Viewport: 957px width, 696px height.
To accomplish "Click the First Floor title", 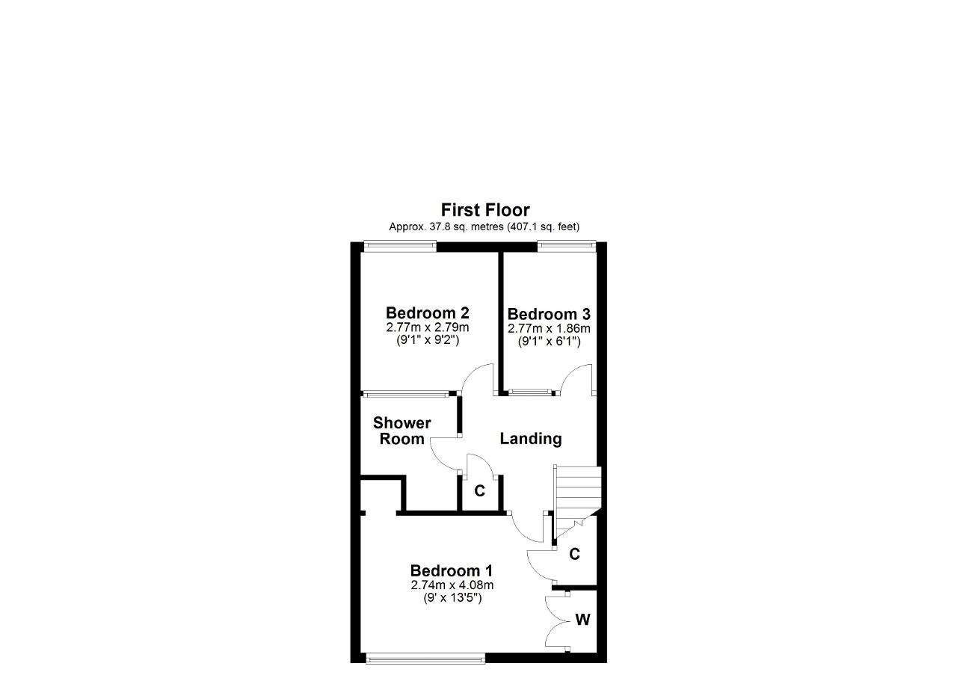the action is point(485,210).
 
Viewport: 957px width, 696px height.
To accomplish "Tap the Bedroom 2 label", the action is point(427,313).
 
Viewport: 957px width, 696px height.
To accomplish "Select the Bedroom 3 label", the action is point(549,315).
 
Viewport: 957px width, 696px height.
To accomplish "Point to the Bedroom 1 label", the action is point(452,571).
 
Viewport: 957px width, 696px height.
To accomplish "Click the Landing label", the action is point(531,439).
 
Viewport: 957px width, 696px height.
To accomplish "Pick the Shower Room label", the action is point(402,431).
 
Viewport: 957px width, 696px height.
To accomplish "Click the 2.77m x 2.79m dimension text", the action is point(428,327).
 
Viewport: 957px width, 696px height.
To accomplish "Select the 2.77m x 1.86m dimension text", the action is point(549,328).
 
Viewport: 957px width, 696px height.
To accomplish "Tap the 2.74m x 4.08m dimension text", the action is point(452,585).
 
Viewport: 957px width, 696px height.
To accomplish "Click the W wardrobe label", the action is point(582,619).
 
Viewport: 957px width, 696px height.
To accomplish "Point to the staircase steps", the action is point(577,502).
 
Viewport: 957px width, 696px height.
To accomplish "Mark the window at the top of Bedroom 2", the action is point(400,246).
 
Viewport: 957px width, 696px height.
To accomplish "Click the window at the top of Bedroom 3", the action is point(567,246).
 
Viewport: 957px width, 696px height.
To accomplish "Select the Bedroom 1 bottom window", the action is point(425,659).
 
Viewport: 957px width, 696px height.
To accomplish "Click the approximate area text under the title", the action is point(484,227).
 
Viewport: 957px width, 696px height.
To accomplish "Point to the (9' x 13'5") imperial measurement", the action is point(452,598).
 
